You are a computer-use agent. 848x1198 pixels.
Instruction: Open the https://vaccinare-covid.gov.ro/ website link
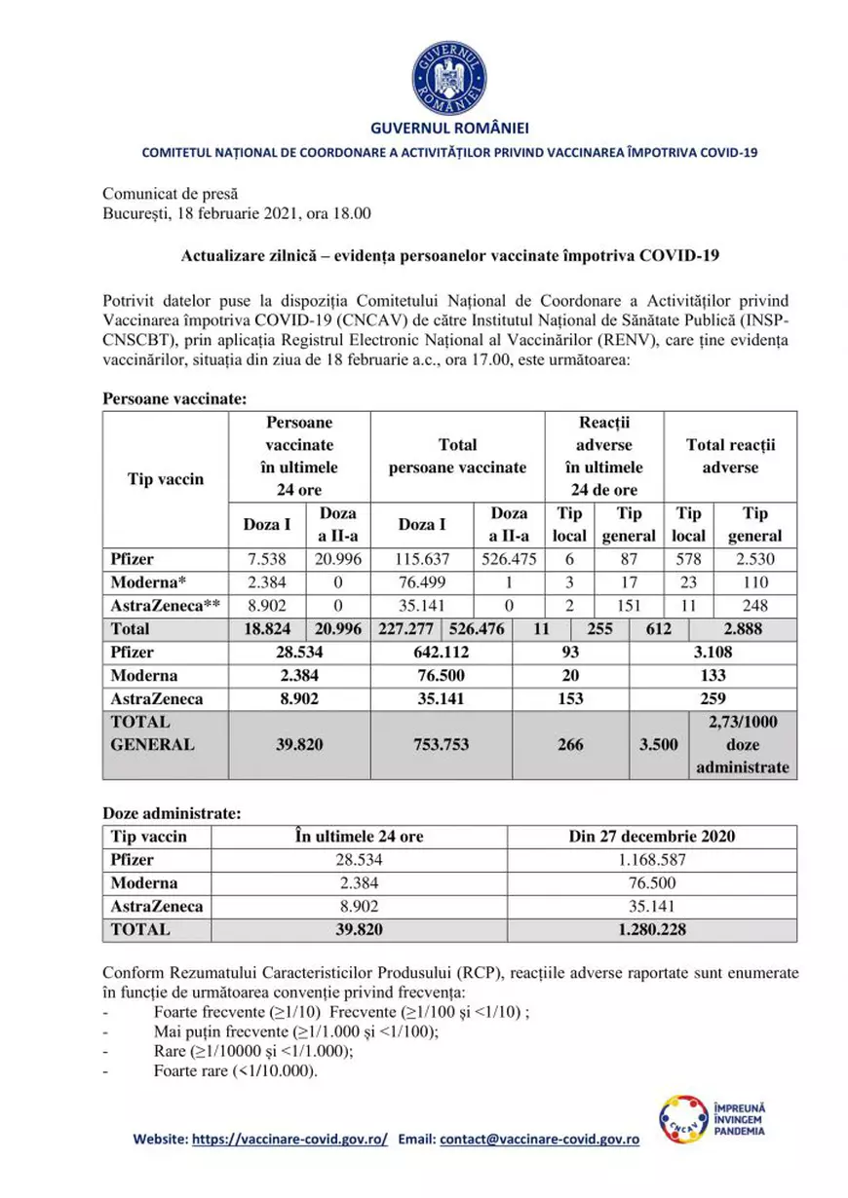click(289, 1139)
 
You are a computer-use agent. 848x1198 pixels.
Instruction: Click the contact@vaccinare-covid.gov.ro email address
click(539, 1139)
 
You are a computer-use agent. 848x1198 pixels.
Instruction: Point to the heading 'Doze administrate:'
click(166, 812)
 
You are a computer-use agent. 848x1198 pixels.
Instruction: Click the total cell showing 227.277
click(408, 629)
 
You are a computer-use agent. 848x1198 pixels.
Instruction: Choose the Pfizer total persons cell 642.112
click(443, 653)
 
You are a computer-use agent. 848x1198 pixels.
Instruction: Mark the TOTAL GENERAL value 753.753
click(443, 744)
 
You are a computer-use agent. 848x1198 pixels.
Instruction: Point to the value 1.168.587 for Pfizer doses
click(652, 860)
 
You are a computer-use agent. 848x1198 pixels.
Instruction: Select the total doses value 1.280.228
click(652, 928)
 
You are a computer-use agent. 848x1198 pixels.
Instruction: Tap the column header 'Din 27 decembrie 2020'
click(652, 837)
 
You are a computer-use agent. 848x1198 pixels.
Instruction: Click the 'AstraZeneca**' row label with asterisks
click(163, 606)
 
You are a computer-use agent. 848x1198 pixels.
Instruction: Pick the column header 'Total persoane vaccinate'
click(457, 456)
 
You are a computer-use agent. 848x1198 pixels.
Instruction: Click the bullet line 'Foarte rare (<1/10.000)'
click(236, 1070)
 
